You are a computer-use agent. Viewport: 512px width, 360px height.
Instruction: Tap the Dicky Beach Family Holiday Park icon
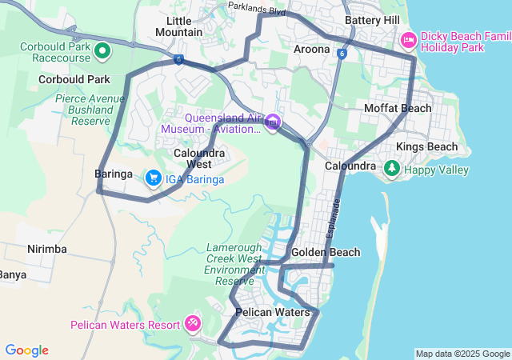click(x=408, y=40)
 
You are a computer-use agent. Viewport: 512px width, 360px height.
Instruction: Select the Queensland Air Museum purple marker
click(x=274, y=122)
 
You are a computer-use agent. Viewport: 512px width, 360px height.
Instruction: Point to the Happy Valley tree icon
click(x=391, y=168)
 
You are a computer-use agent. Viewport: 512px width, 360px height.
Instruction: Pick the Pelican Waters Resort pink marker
click(x=192, y=323)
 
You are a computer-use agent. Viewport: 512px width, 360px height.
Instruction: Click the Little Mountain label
click(x=179, y=26)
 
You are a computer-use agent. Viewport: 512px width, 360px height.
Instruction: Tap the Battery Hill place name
click(x=372, y=20)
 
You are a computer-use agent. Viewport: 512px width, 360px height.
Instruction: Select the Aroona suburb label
click(x=311, y=49)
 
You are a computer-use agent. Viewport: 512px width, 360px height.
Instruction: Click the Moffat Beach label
click(x=398, y=108)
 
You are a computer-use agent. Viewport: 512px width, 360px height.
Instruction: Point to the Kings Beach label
click(x=427, y=146)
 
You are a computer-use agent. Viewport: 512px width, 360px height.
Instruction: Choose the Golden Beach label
click(x=326, y=252)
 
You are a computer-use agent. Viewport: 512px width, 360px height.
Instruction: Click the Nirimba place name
click(x=46, y=249)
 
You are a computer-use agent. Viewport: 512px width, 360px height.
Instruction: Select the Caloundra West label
click(x=199, y=158)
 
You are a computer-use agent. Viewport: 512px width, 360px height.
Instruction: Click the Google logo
click(x=26, y=350)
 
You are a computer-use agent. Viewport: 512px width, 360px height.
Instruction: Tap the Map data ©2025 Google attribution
click(x=462, y=354)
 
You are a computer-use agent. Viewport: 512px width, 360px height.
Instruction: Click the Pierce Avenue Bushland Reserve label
click(x=90, y=110)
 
